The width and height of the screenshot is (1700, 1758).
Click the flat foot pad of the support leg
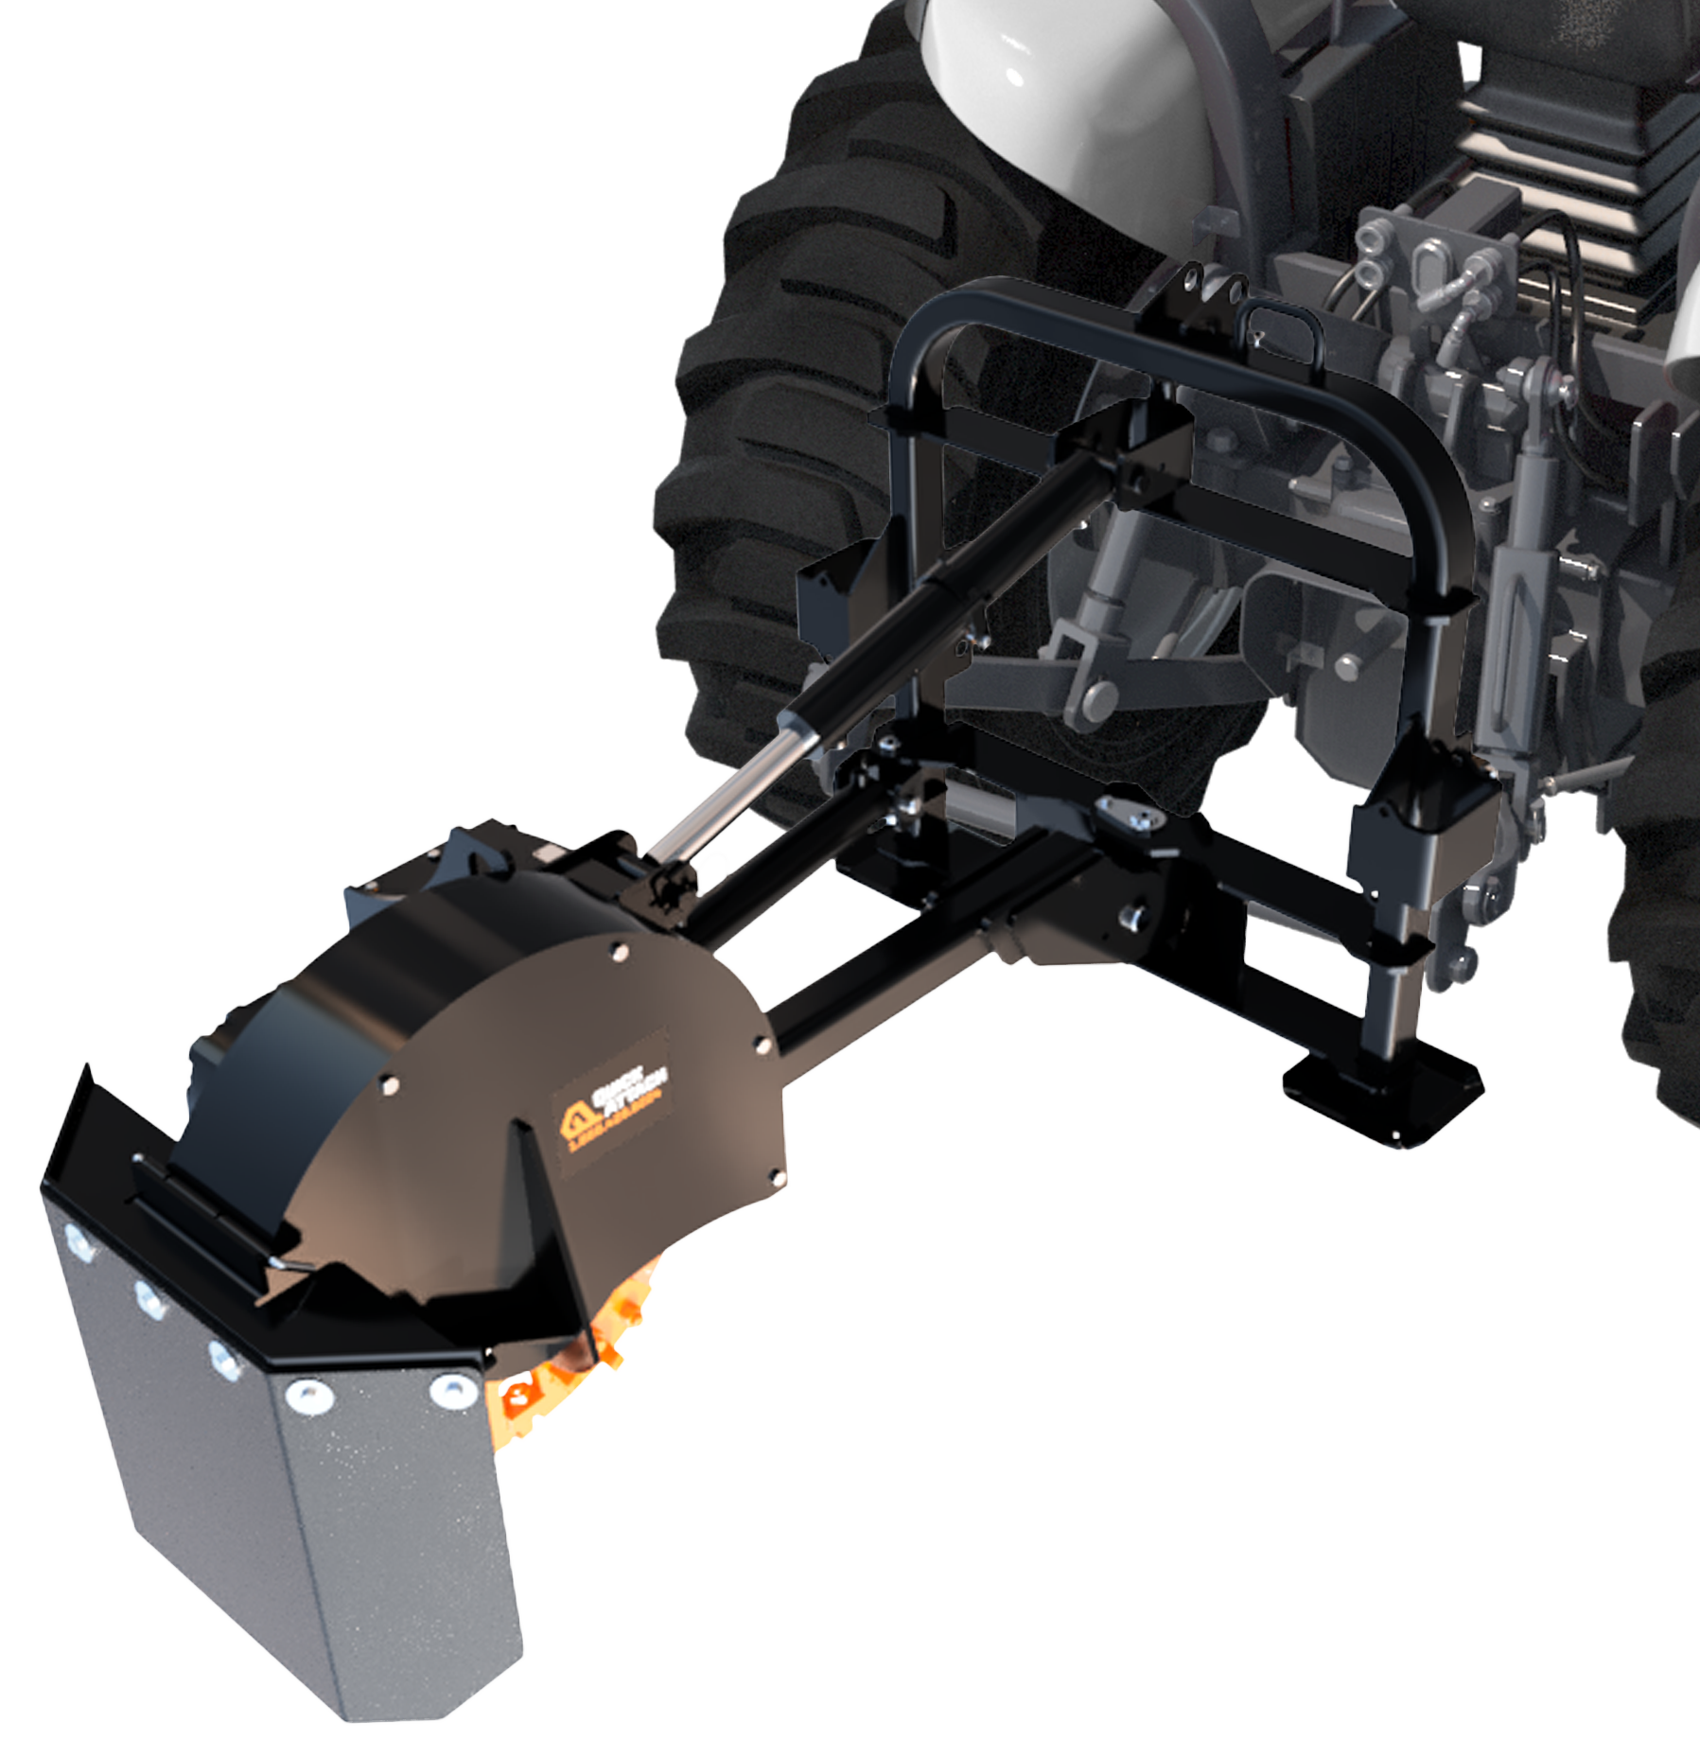coord(1382,1089)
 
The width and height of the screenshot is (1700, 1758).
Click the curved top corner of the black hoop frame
coord(932,312)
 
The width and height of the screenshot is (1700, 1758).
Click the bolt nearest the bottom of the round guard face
coord(778,1177)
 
